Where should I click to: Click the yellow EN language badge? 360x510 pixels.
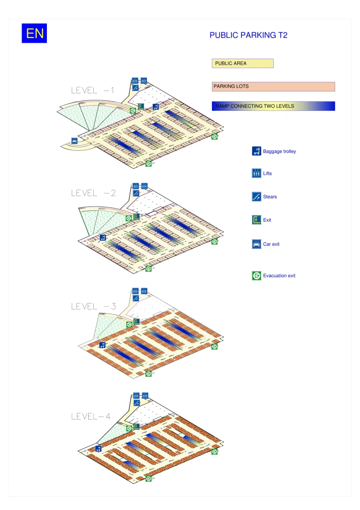34,33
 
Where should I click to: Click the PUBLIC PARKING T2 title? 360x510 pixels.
248,35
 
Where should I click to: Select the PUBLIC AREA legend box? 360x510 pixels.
242,63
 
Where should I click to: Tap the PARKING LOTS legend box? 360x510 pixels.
273,86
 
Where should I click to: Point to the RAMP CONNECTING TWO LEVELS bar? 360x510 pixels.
273,106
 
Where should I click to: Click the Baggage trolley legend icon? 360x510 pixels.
256,151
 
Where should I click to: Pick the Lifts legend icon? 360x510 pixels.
256,173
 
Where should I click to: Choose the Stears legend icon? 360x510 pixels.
256,197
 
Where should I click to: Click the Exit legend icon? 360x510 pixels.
256,220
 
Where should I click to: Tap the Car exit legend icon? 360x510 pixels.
256,244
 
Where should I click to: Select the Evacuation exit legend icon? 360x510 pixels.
256,275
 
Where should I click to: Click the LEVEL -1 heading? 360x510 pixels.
92,91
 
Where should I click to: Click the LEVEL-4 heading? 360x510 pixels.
90,416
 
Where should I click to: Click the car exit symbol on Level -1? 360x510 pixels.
75,140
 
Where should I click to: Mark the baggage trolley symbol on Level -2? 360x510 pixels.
102,237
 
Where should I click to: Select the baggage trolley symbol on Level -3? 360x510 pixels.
102,345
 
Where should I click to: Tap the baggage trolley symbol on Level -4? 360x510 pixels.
98,449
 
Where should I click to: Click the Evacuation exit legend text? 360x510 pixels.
279,275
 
